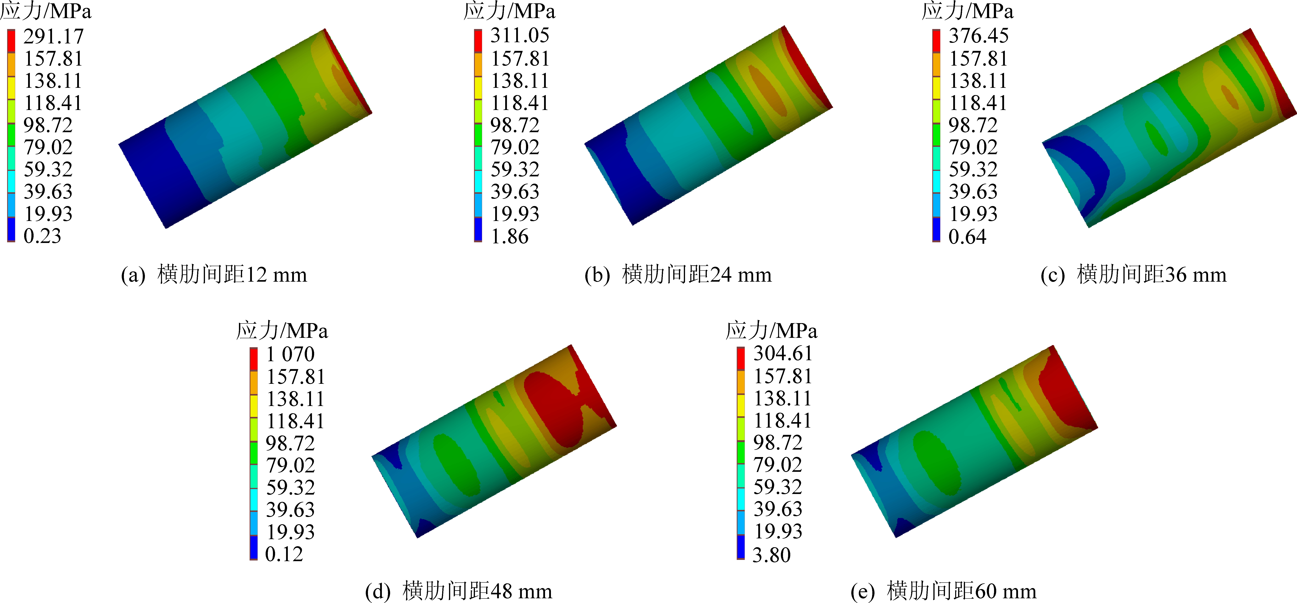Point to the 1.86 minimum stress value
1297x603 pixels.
(510, 236)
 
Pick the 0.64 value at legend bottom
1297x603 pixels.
(967, 236)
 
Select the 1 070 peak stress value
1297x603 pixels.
(291, 354)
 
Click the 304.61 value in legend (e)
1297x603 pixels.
(783, 353)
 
